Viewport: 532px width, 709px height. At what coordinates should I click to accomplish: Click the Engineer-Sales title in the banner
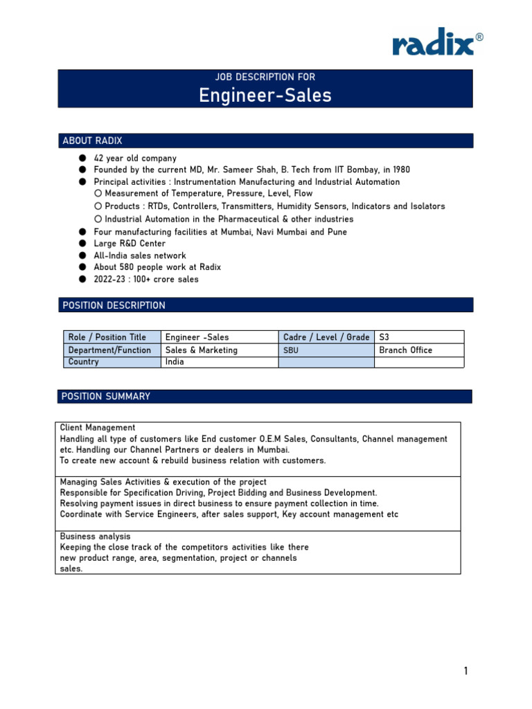click(x=265, y=96)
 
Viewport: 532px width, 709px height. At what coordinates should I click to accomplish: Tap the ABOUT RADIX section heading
click(x=92, y=141)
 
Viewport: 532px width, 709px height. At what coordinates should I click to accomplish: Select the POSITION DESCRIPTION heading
click(x=114, y=305)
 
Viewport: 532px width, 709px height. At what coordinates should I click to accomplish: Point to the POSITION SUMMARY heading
click(x=105, y=397)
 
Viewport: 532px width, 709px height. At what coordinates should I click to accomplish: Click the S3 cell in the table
click(x=384, y=337)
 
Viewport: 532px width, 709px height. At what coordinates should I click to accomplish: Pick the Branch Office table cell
click(x=405, y=350)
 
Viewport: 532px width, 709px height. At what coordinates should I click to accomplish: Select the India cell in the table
click(x=175, y=362)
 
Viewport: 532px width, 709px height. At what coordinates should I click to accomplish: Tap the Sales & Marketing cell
click(x=201, y=350)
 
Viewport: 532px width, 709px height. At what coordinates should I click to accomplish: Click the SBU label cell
click(x=291, y=351)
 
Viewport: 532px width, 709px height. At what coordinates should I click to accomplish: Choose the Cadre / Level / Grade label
click(x=326, y=337)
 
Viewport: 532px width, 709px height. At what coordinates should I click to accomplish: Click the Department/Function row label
click(x=109, y=350)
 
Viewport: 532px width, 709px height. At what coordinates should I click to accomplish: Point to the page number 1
click(x=466, y=671)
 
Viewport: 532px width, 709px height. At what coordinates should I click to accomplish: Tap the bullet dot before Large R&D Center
click(x=82, y=244)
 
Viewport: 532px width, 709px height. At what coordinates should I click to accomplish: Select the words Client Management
click(x=98, y=428)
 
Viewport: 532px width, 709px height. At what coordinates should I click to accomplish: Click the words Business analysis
click(x=95, y=537)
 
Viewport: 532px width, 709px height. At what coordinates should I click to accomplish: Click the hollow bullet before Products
click(x=98, y=206)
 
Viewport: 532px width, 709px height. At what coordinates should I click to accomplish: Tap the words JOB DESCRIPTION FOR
click(x=265, y=78)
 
